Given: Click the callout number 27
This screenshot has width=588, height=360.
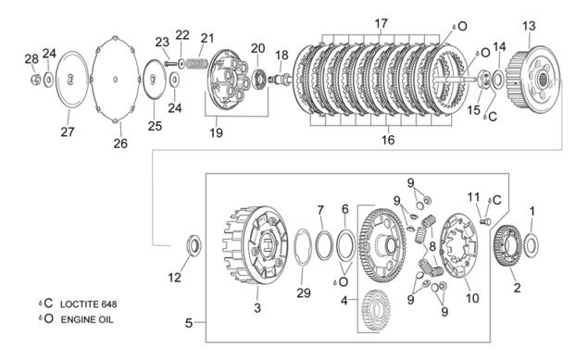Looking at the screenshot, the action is pyautogui.click(x=68, y=131).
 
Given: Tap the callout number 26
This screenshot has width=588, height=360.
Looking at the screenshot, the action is pyautogui.click(x=120, y=143).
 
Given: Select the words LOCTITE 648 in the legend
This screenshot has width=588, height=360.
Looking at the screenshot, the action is pyautogui.click(x=89, y=304).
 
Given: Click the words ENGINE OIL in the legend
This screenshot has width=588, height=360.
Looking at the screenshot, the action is pyautogui.click(x=87, y=319).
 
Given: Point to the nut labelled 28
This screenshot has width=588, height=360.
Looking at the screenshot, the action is pyautogui.click(x=36, y=79).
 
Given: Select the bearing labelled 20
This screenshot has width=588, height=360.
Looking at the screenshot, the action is pyautogui.click(x=258, y=79).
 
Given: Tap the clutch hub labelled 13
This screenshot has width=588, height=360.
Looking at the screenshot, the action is pyautogui.click(x=532, y=79).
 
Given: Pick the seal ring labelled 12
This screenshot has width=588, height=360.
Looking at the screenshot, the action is pyautogui.click(x=194, y=245).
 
